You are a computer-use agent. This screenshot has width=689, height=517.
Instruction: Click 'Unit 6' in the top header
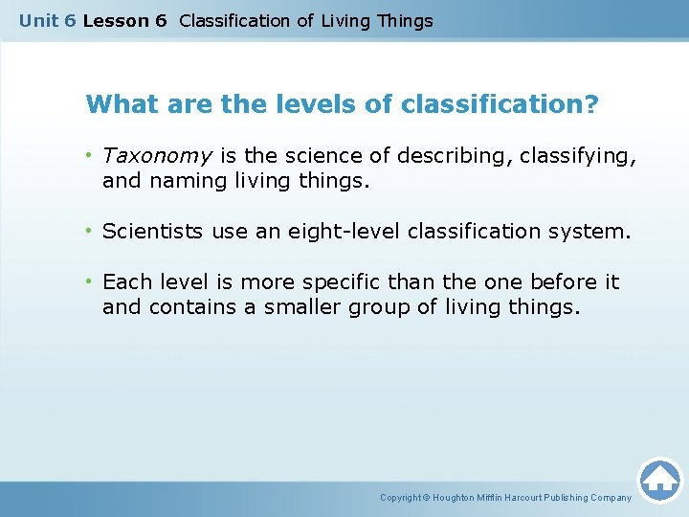(48, 20)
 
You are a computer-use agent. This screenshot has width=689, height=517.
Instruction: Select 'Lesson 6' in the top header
(125, 20)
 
